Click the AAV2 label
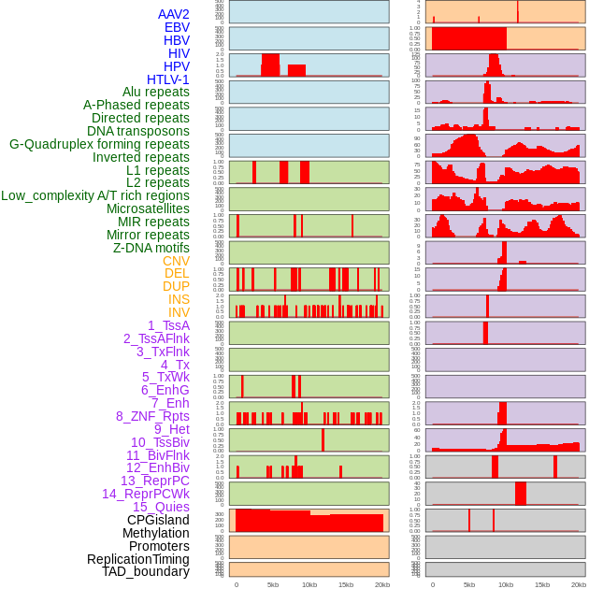tap(174, 14)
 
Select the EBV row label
tap(177, 27)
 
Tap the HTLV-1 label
tap(168, 79)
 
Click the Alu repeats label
tap(156, 92)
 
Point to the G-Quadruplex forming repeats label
tap(99, 144)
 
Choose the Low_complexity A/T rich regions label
tap(95, 195)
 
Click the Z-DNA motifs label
tap(151, 248)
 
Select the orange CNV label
tap(176, 261)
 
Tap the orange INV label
tap(179, 312)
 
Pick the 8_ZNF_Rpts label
tap(152, 416)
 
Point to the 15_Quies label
tap(161, 507)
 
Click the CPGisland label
tap(158, 520)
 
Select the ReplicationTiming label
tap(138, 559)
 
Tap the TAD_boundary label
tap(146, 571)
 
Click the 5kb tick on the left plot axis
tap(273, 584)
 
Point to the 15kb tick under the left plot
tap(346, 584)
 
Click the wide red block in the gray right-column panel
tap(521, 493)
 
